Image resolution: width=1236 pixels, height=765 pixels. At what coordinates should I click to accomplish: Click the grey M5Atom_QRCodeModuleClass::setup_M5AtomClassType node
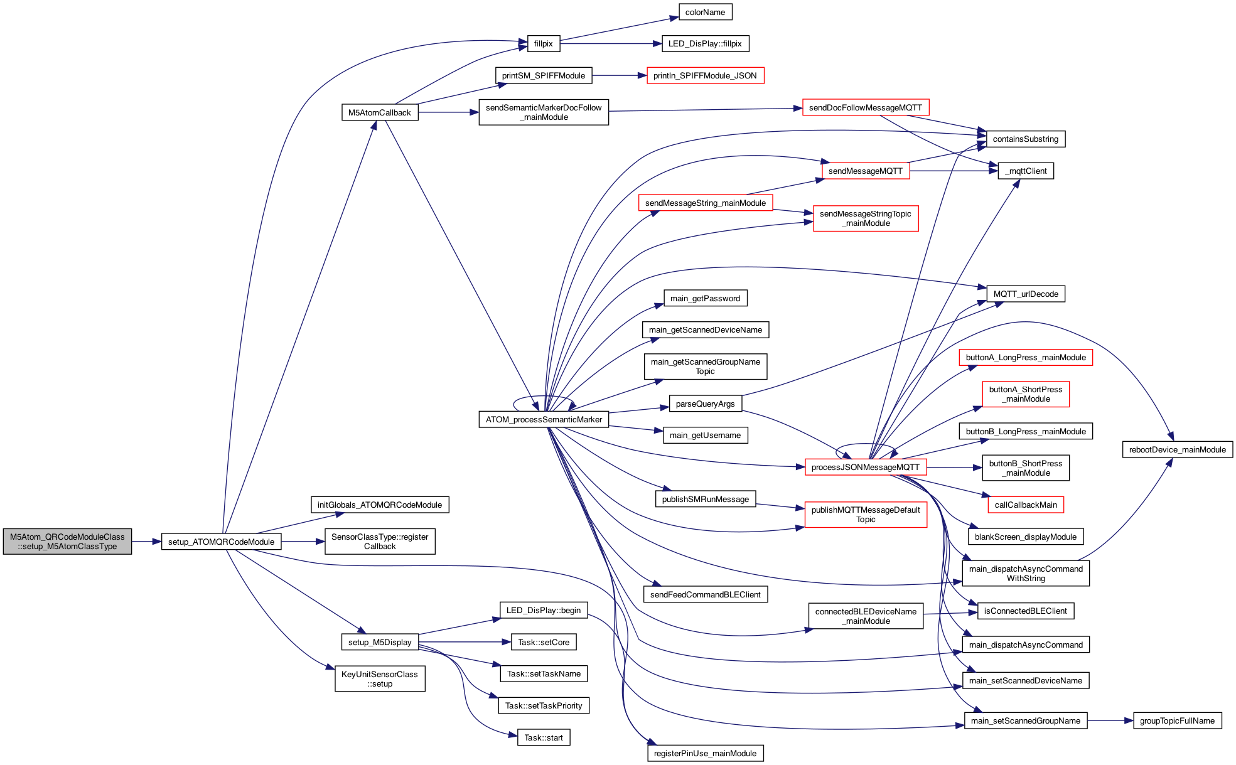click(67, 542)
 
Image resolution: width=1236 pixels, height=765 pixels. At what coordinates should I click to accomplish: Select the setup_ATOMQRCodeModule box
click(221, 542)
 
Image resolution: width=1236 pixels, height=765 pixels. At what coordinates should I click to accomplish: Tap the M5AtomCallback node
click(379, 113)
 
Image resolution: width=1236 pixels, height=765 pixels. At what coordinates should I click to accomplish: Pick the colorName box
click(705, 13)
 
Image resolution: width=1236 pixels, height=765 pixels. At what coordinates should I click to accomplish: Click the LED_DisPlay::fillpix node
click(705, 44)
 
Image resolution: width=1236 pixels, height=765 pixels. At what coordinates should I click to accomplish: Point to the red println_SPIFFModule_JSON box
click(705, 76)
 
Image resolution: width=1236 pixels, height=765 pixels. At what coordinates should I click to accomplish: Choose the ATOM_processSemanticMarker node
click(544, 420)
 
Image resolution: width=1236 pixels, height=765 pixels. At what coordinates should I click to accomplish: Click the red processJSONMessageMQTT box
click(865, 468)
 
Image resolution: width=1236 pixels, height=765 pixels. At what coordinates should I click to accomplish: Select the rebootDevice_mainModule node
click(1177, 450)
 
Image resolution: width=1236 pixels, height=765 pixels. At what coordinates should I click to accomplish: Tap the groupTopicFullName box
click(1177, 721)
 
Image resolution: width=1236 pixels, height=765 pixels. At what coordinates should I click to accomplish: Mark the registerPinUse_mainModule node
click(705, 754)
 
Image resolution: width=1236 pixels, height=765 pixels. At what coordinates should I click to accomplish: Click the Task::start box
click(544, 738)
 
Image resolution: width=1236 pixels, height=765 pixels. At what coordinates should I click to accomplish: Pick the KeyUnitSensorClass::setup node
click(380, 679)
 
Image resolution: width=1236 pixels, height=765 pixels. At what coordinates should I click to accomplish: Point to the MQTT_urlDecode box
click(1026, 294)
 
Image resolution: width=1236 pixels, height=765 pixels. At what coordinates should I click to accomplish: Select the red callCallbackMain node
click(1026, 505)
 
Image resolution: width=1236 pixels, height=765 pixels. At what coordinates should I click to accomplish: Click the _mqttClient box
click(1026, 171)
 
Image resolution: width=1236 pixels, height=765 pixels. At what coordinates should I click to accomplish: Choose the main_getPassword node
click(705, 299)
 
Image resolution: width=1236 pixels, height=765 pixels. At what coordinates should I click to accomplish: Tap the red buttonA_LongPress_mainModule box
click(1026, 358)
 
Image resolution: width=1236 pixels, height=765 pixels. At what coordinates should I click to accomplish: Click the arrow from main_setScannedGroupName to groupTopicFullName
click(1110, 721)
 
